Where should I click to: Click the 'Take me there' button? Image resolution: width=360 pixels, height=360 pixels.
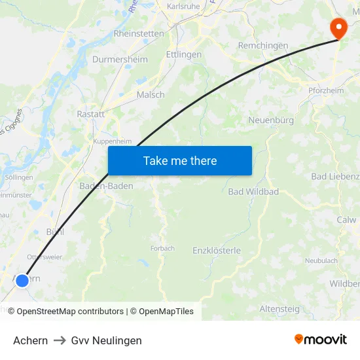click(180, 161)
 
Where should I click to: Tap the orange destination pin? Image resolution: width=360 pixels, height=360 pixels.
click(338, 28)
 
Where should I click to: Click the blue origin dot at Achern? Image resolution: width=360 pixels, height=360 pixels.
click(22, 280)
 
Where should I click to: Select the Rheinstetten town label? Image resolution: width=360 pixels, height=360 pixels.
click(139, 33)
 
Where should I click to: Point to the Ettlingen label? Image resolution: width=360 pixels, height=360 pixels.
click(184, 54)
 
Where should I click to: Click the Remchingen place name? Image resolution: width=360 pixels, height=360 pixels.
click(263, 46)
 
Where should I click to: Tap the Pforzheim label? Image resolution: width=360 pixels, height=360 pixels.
click(325, 91)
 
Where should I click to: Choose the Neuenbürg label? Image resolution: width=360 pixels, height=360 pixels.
click(271, 120)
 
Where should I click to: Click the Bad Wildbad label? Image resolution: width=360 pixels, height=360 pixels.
click(253, 192)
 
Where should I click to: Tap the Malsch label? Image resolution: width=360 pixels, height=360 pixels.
click(151, 95)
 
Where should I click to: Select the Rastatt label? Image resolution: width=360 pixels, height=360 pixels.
click(90, 114)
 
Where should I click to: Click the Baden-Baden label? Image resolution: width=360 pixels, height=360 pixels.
click(106, 187)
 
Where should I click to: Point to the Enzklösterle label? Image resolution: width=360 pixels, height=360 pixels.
click(217, 251)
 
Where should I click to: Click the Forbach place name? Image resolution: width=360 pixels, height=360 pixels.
click(162, 248)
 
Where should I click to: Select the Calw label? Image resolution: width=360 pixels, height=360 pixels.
click(346, 220)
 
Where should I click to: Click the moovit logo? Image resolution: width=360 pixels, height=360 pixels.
click(321, 339)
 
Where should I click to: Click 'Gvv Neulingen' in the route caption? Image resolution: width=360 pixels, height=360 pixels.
click(106, 340)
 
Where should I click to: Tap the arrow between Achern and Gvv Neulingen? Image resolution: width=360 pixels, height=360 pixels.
click(60, 340)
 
